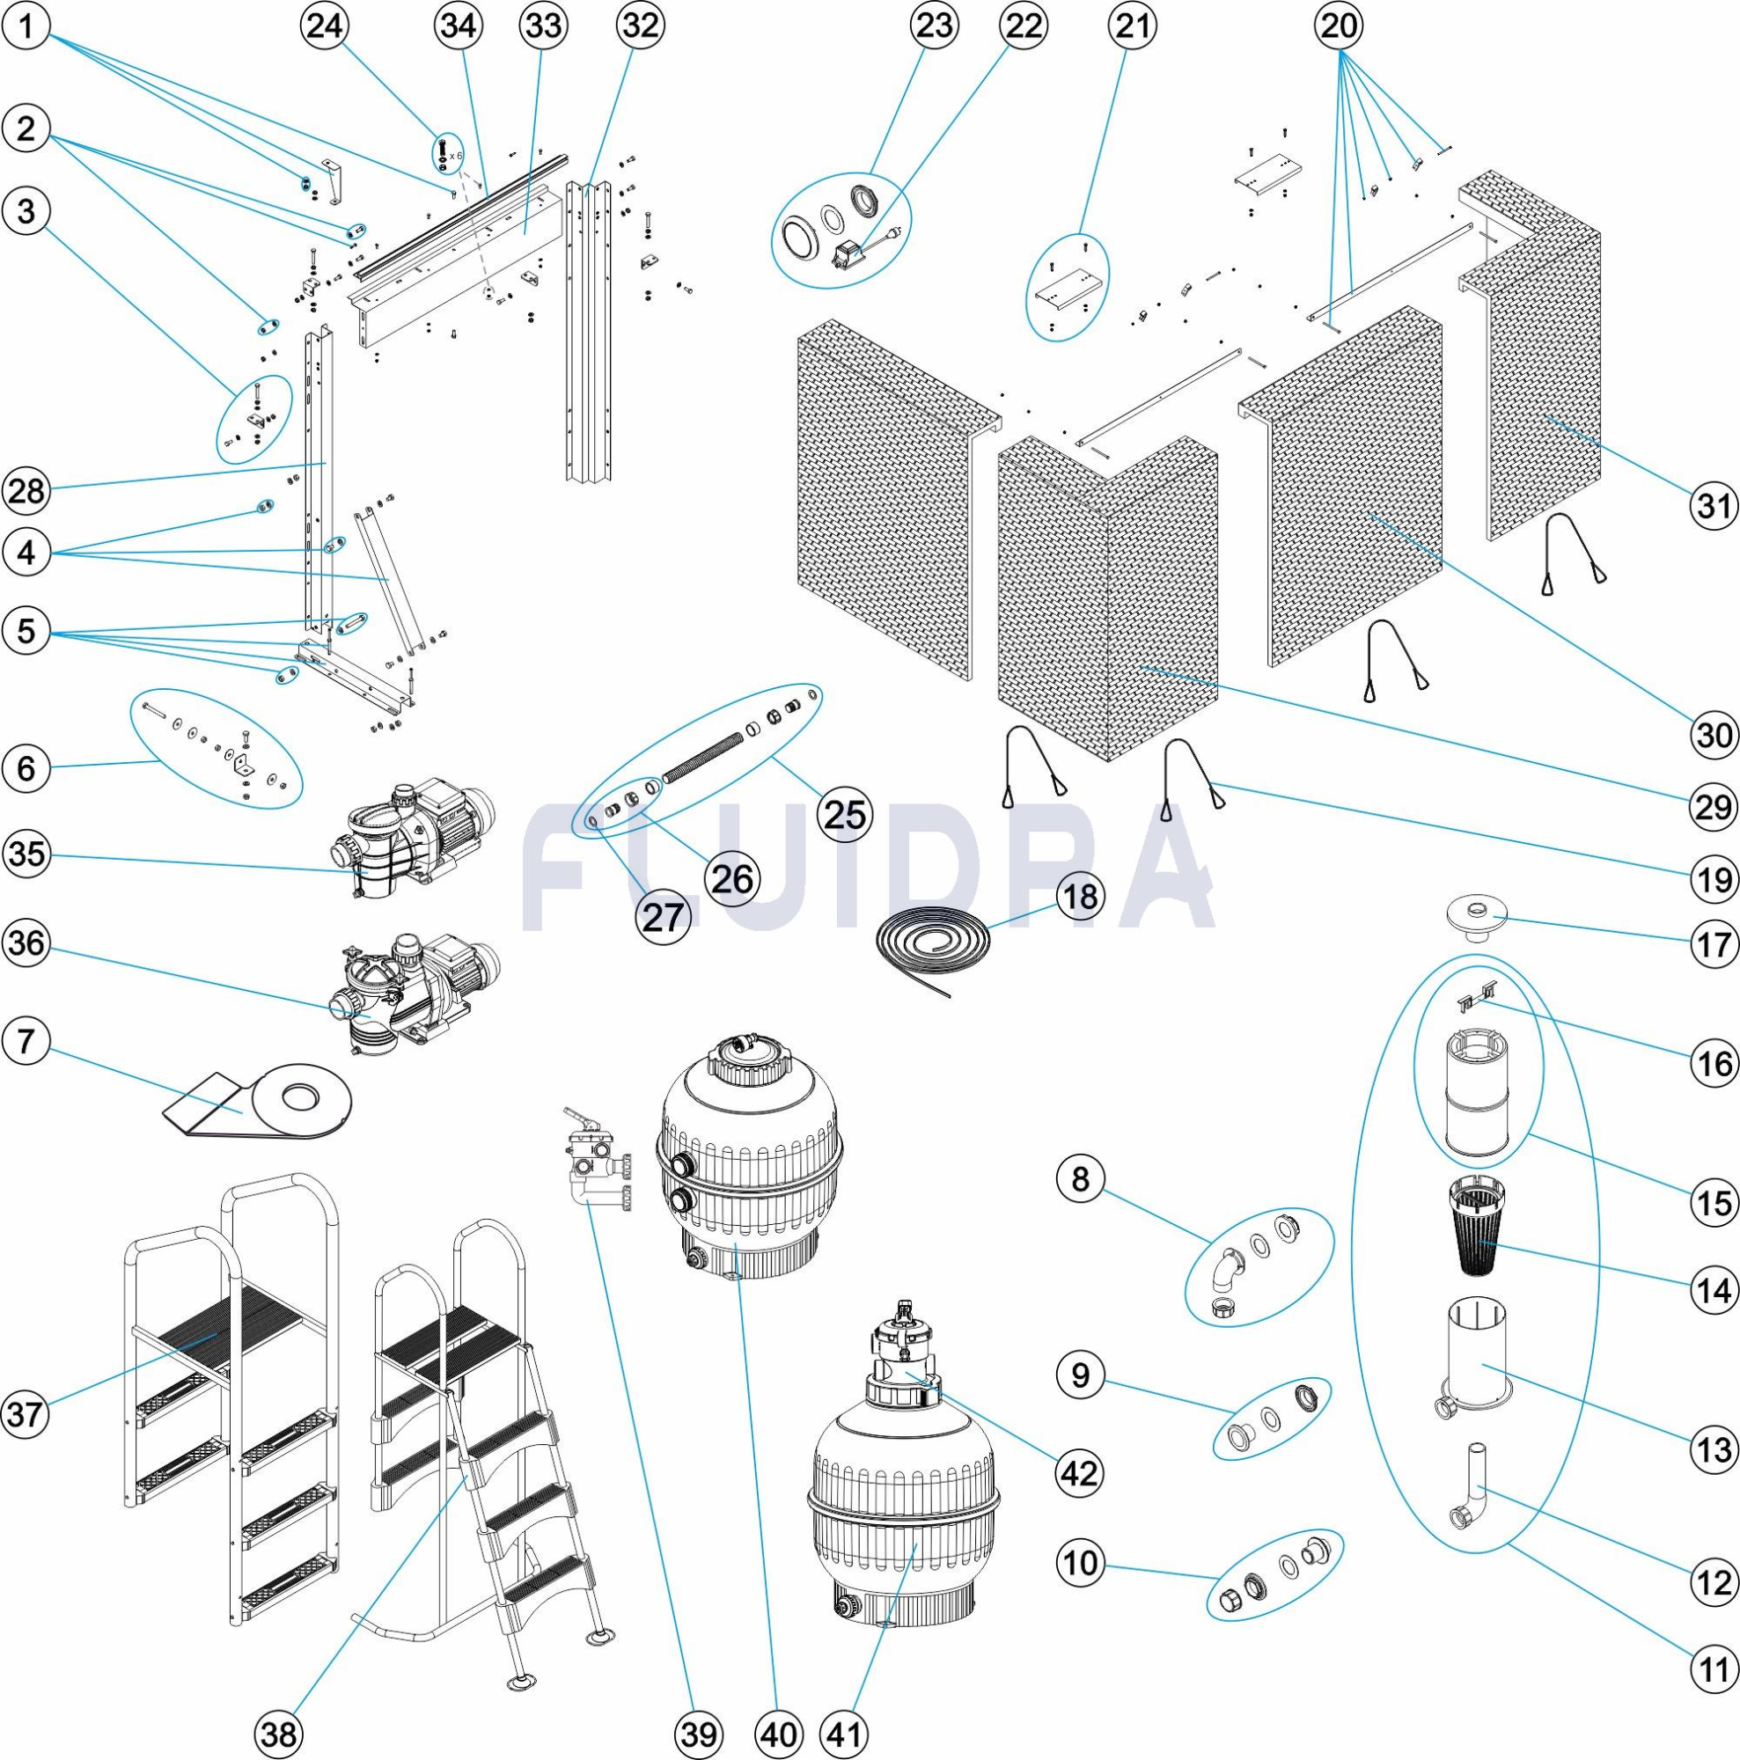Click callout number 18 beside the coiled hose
point(1081,897)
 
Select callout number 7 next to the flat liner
point(26,1040)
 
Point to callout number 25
point(843,813)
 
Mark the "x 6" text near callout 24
point(457,156)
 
